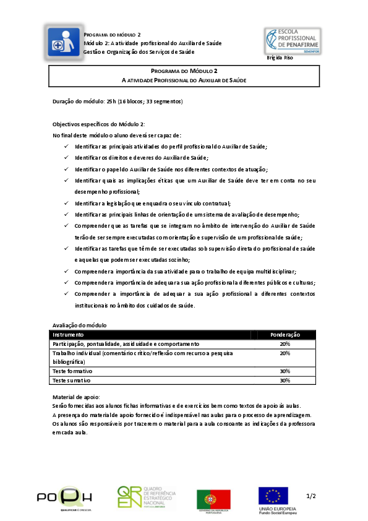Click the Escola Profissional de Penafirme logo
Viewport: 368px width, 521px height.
click(293, 41)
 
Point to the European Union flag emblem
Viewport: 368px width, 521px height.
click(273, 496)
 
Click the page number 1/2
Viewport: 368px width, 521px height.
click(310, 496)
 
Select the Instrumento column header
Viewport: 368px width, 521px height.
click(67, 335)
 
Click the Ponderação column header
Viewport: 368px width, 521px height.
click(285, 335)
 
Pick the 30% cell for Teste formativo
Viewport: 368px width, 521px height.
click(285, 371)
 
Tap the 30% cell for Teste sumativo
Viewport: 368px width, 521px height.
click(285, 381)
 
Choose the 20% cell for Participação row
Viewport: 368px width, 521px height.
click(285, 343)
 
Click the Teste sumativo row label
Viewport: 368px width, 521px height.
click(71, 381)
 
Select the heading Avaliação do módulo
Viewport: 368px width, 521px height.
click(80, 325)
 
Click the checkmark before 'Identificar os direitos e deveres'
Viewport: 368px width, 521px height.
click(66, 158)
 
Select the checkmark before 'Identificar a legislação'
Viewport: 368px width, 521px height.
click(66, 204)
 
